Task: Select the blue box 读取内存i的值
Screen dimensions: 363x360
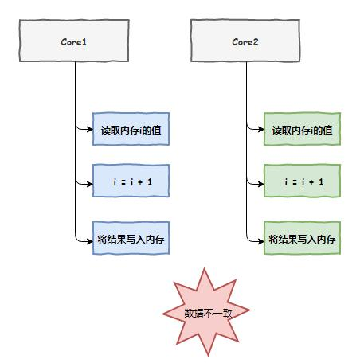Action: pyautogui.click(x=131, y=129)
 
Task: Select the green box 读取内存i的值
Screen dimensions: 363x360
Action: pyautogui.click(x=303, y=129)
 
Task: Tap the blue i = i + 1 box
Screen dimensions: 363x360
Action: pyautogui.click(x=131, y=182)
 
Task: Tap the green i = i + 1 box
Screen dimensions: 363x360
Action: pyautogui.click(x=303, y=182)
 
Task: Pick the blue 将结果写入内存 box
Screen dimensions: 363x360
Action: pyautogui.click(x=131, y=238)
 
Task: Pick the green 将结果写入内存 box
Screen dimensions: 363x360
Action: pyautogui.click(x=303, y=238)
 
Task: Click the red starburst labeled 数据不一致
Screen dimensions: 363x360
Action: pyautogui.click(x=206, y=311)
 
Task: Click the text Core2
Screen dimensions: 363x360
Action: pyautogui.click(x=246, y=40)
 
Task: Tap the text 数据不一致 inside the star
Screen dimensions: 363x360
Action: pyautogui.click(x=206, y=312)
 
